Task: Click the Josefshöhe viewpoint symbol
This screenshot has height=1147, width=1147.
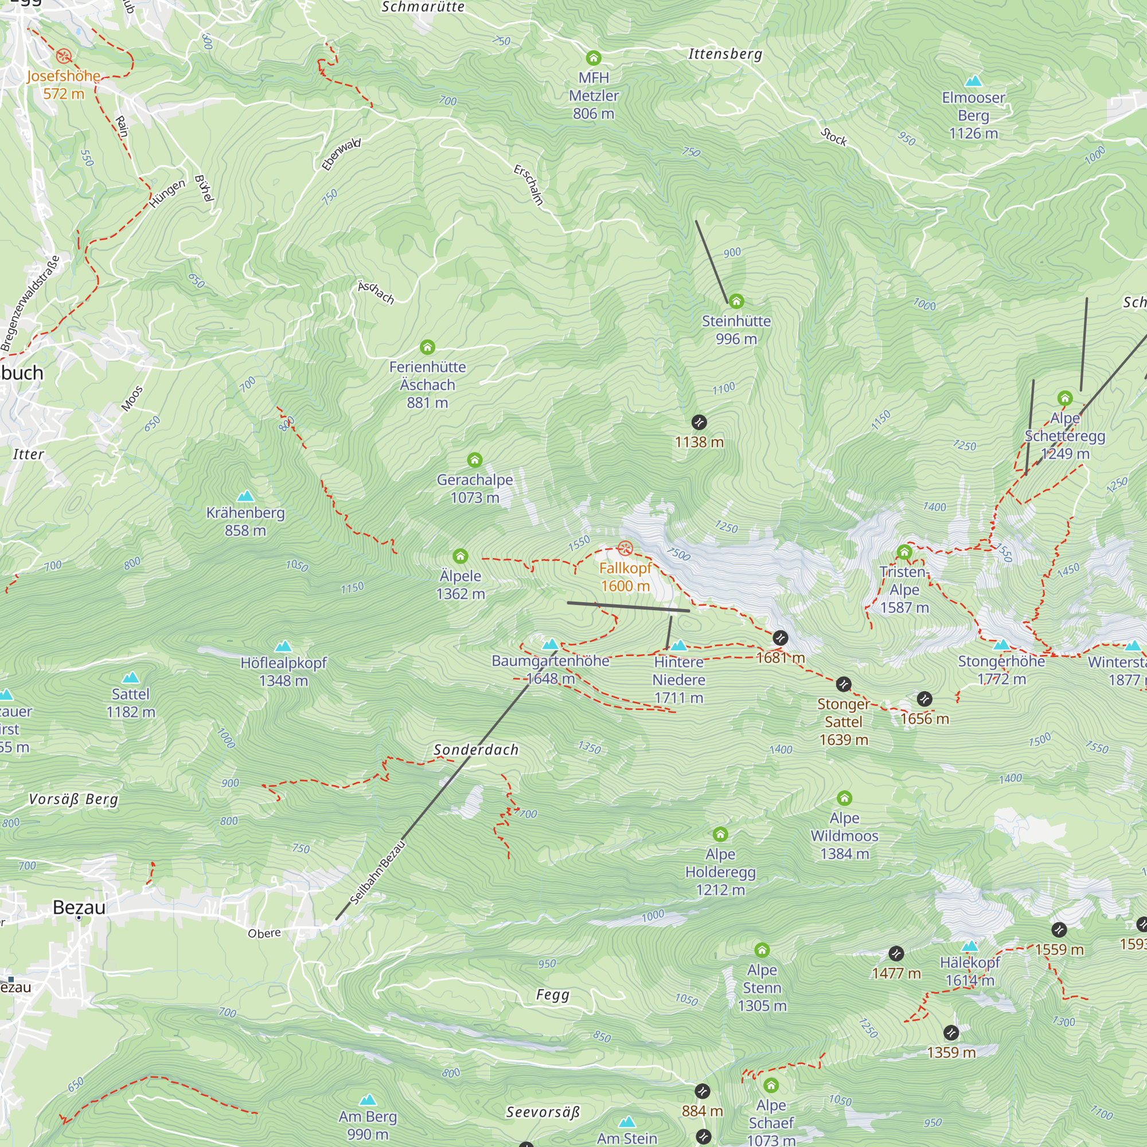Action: click(64, 56)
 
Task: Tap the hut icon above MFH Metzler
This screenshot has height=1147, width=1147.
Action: click(593, 57)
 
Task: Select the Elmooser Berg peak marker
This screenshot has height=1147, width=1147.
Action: click(973, 81)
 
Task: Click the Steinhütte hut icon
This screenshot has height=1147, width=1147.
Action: click(736, 301)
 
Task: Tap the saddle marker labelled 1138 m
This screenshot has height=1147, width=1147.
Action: click(699, 422)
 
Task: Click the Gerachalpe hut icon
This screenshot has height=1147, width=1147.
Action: click(474, 459)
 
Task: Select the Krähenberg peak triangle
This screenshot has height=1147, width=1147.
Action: click(245, 496)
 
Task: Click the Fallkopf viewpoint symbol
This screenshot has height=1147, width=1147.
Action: click(625, 548)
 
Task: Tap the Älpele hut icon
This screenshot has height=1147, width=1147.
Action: click(460, 556)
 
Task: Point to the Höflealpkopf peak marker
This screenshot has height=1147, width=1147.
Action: click(283, 646)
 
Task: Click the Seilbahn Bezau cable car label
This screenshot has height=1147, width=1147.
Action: click(377, 872)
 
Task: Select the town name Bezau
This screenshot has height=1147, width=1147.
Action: click(79, 907)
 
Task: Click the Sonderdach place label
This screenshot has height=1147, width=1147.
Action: click(475, 750)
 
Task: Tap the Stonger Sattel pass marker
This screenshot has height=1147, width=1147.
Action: click(843, 684)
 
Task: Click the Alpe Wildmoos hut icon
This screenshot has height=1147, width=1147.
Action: click(844, 798)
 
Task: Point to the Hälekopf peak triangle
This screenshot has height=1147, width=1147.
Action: click(969, 946)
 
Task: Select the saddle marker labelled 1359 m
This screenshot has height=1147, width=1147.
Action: click(950, 1032)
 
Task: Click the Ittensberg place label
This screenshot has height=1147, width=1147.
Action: click(724, 54)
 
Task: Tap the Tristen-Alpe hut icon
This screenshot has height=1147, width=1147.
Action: click(904, 552)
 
